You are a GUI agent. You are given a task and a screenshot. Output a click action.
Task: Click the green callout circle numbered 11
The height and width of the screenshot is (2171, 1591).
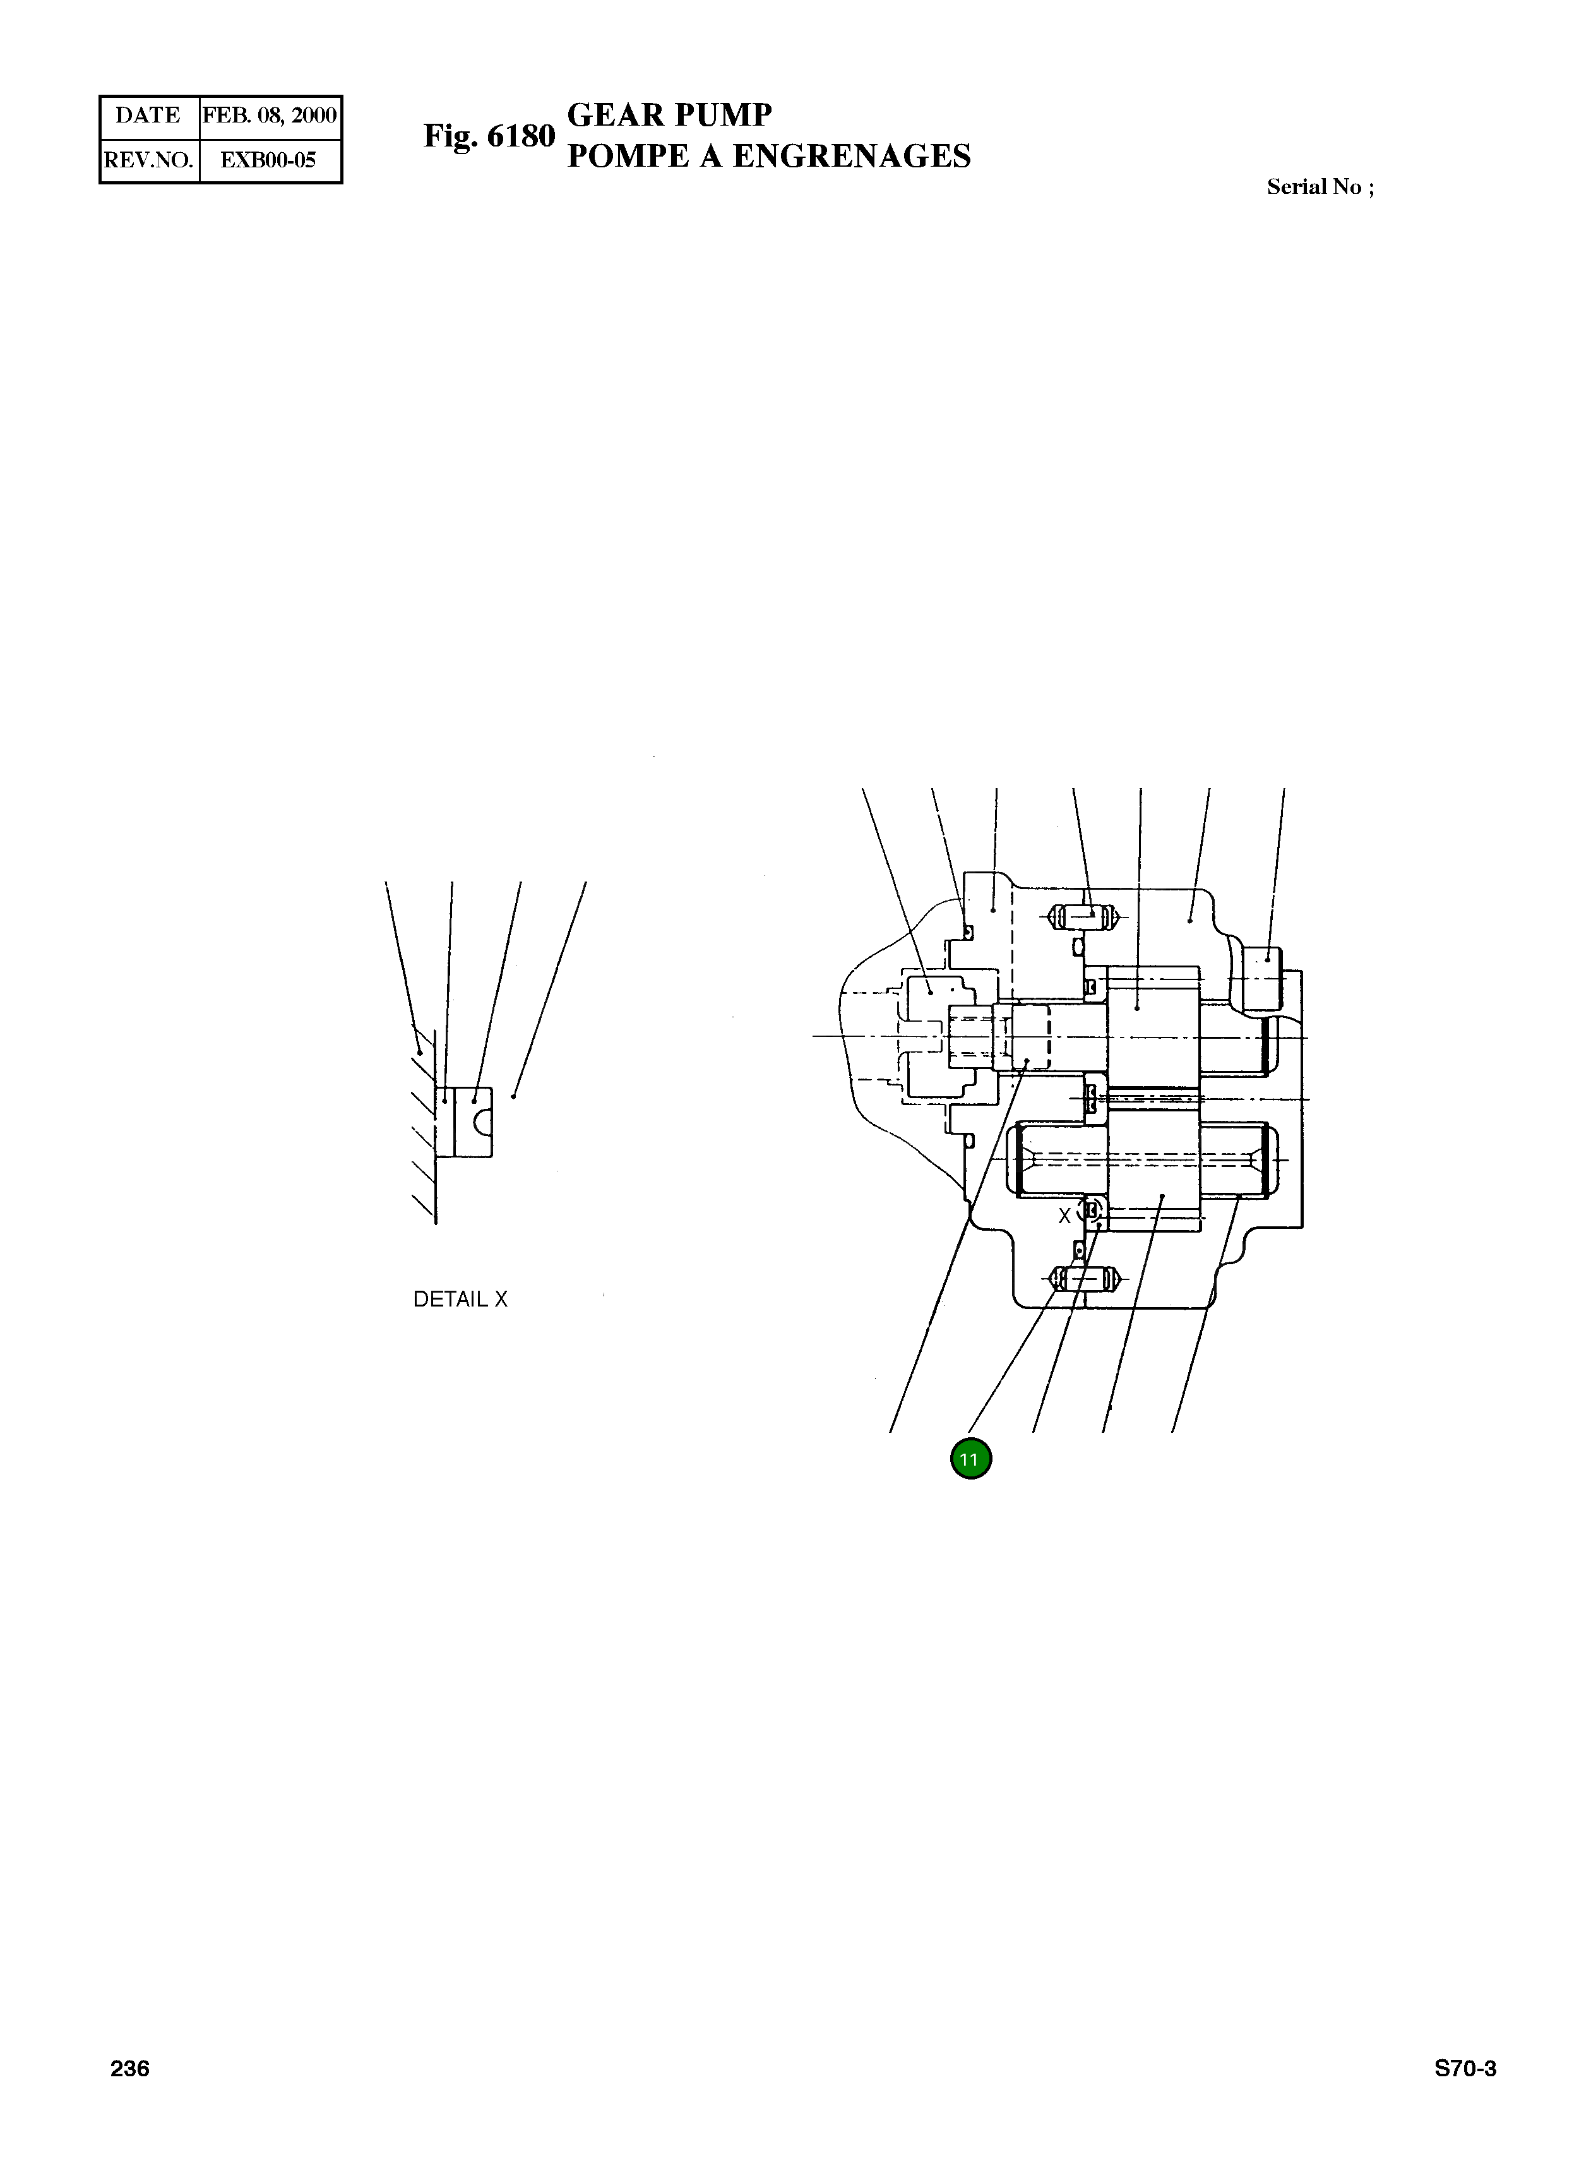[x=971, y=1459]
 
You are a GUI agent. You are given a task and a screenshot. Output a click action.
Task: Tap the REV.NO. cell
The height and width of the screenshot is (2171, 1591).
[x=149, y=160]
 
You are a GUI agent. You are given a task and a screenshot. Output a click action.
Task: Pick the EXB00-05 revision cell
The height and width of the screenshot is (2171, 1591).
[x=270, y=160]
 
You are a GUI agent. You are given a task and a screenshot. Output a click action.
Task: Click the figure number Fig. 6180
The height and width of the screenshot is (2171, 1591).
[x=489, y=137]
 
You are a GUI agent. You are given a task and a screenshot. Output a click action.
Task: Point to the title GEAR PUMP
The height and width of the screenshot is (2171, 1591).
[x=669, y=116]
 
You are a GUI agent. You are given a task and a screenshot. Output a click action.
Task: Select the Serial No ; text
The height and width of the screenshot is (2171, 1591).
[x=1320, y=187]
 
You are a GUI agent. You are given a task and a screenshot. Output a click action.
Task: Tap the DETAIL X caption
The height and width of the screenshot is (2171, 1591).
[x=460, y=1300]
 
